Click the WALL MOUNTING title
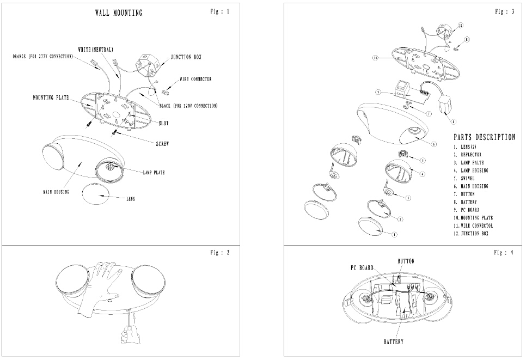(x=119, y=13)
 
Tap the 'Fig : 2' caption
(x=220, y=253)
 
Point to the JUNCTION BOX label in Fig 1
(x=186, y=57)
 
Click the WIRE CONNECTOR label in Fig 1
(x=195, y=79)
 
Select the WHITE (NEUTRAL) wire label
(x=95, y=50)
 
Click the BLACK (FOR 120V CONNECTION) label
(x=189, y=106)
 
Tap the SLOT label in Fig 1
(x=163, y=123)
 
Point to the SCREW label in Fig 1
(x=162, y=144)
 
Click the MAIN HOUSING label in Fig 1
(x=56, y=192)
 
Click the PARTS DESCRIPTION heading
(x=484, y=137)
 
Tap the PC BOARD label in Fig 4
(x=362, y=268)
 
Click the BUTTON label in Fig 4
(x=406, y=261)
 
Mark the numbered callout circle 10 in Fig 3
(x=375, y=57)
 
